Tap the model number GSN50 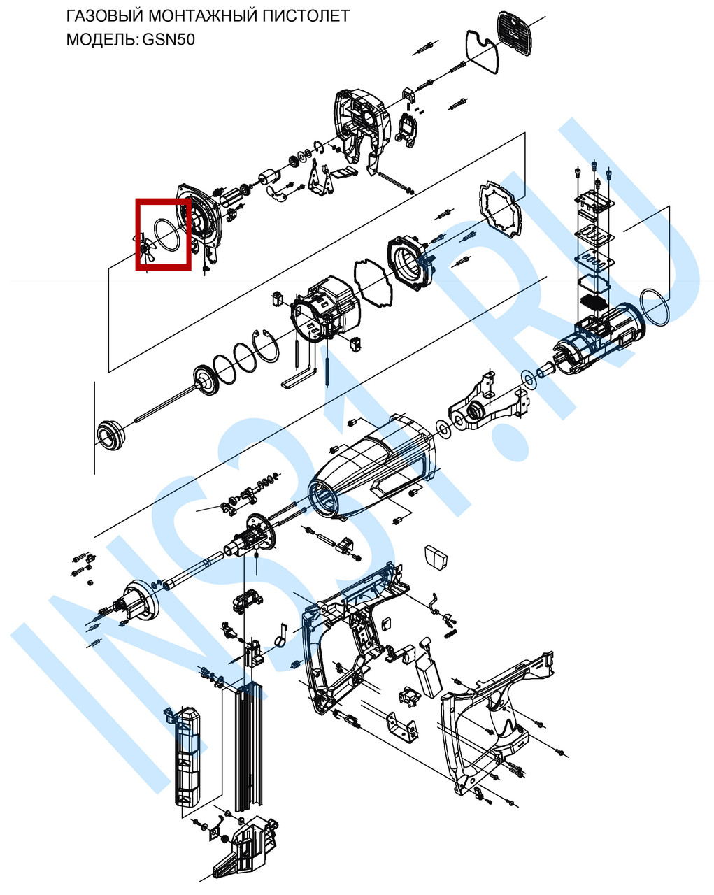tap(168, 40)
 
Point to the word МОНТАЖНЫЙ tap(199, 16)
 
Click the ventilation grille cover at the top tap(515, 29)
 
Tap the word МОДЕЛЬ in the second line tap(101, 40)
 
